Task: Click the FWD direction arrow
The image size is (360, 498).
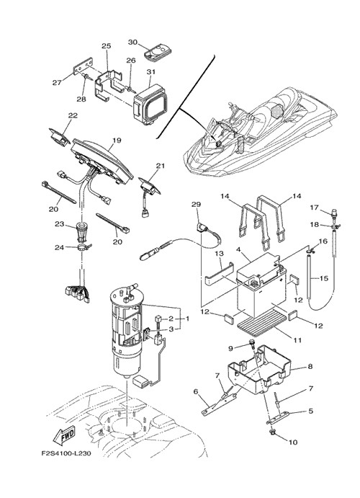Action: click(64, 434)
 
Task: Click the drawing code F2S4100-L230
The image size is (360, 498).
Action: click(66, 453)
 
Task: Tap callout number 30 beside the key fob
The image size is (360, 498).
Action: click(133, 42)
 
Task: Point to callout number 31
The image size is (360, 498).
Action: click(151, 72)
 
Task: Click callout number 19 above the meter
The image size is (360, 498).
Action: click(117, 141)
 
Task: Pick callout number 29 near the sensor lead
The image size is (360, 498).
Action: click(196, 205)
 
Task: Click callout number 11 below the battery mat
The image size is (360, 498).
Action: click(297, 340)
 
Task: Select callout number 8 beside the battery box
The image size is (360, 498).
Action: click(310, 366)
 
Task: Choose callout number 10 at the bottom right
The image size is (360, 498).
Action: click(293, 442)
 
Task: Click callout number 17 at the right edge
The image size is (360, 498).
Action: click(314, 208)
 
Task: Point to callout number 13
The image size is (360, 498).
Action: click(219, 254)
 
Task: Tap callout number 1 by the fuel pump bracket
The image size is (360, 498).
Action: click(187, 319)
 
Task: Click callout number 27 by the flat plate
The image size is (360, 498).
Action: click(57, 83)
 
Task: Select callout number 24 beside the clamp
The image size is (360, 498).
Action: click(59, 247)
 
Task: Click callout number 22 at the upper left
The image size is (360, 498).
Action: click(73, 115)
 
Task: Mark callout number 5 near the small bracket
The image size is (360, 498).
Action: click(310, 411)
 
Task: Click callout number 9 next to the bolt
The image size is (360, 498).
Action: click(230, 348)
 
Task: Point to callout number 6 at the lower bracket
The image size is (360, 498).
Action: click(196, 391)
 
